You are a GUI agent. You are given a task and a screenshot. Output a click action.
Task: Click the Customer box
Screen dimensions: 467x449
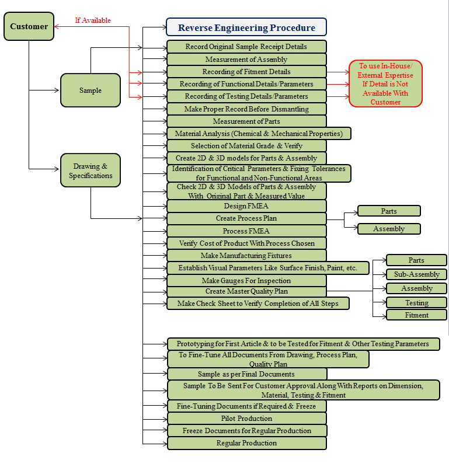pos(29,26)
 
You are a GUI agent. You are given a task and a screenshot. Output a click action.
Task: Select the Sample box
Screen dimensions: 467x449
pos(91,90)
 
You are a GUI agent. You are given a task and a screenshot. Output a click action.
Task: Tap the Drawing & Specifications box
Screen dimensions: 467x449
pos(91,170)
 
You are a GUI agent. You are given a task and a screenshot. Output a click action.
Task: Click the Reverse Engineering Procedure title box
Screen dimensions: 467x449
pos(246,27)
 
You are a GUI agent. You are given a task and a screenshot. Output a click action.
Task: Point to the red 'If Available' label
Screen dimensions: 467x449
pos(93,20)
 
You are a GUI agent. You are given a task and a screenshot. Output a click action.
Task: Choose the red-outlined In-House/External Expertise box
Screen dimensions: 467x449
pos(385,84)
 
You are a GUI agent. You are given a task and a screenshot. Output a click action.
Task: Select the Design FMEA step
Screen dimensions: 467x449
pos(246,206)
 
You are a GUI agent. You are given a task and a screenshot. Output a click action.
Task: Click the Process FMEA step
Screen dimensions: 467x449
pos(246,231)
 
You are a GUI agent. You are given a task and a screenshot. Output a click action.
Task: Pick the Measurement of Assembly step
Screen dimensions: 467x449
pos(246,60)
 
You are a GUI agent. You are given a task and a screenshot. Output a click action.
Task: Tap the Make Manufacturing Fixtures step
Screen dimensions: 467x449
pos(246,256)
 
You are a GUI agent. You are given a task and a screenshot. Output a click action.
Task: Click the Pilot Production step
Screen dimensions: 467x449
pos(246,419)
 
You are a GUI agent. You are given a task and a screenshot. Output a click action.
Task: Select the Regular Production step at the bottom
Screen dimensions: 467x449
pos(246,443)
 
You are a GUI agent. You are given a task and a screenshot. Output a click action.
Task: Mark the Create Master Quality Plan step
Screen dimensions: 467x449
pos(246,291)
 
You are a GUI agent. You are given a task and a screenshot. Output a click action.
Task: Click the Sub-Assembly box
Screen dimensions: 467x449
pos(416,274)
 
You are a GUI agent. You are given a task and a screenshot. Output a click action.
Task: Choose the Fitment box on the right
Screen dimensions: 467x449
pos(416,315)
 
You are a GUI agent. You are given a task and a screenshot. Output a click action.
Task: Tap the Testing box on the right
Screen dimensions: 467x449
pos(416,303)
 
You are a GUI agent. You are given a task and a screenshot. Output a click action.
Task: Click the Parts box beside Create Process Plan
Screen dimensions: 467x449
pos(389,211)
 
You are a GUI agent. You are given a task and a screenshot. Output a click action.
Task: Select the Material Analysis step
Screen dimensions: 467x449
pos(259,134)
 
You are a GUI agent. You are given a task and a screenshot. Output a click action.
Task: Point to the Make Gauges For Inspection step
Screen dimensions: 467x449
pos(246,281)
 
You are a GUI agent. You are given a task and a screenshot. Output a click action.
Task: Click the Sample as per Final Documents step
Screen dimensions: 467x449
pos(246,374)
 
